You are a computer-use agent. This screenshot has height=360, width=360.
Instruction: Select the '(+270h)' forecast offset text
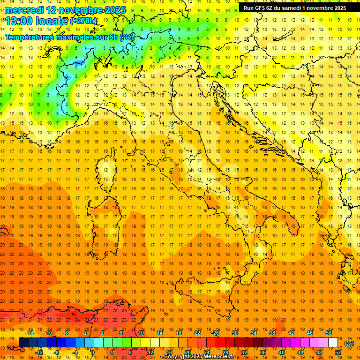point(83,21)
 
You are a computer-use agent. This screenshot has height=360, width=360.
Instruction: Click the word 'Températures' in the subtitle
point(30,37)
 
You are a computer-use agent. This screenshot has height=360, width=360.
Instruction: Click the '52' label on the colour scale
point(338,352)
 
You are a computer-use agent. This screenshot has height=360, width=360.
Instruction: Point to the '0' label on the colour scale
point(93,352)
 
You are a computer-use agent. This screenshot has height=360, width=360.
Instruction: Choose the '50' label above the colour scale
point(329,333)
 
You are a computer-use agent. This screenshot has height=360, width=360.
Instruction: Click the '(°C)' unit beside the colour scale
point(349,343)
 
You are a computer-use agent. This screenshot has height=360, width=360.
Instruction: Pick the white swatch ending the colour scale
point(333,343)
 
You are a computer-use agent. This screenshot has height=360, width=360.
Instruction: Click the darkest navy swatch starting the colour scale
point(23,343)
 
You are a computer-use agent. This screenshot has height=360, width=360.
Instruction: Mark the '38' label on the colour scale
point(272,333)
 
